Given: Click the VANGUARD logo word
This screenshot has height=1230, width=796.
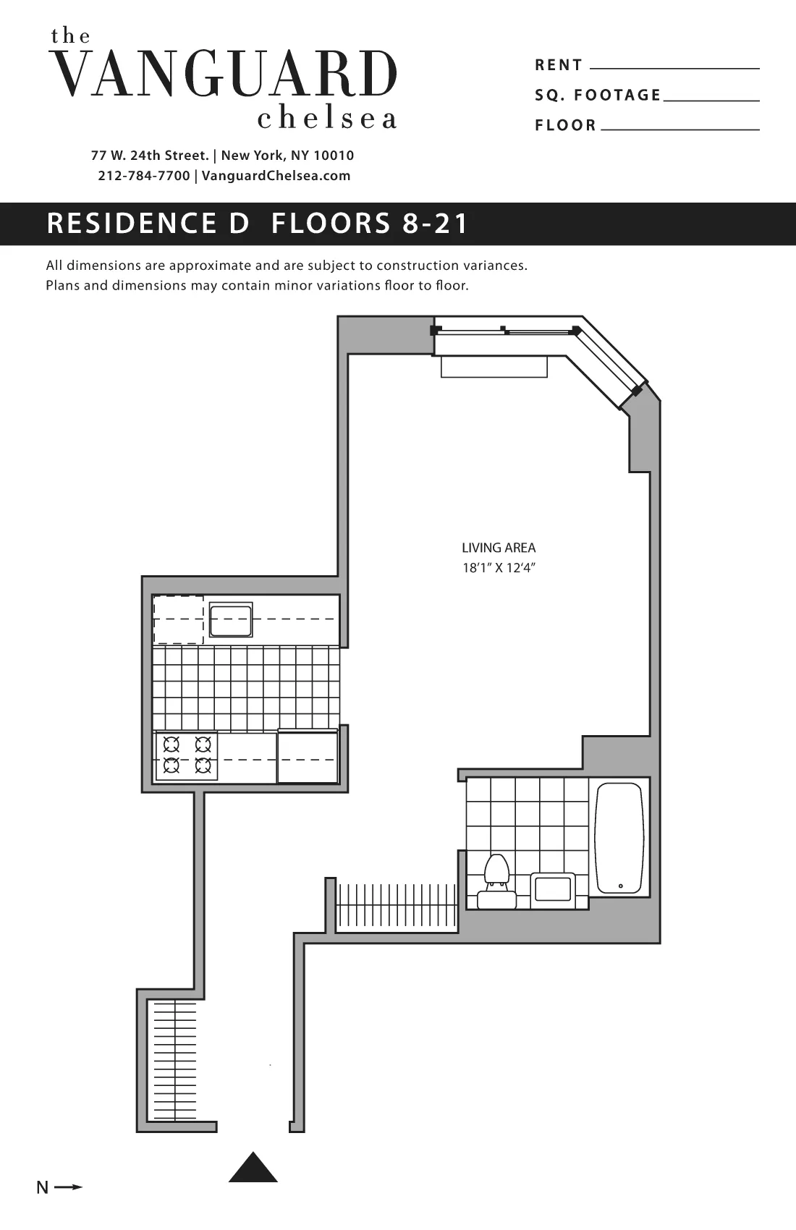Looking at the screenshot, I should click(x=225, y=74).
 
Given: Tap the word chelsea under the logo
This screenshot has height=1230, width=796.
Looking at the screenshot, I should click(x=327, y=119).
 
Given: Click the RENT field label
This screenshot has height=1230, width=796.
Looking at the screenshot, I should click(x=559, y=65).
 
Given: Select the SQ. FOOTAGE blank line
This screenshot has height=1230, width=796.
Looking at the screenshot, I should click(x=711, y=100).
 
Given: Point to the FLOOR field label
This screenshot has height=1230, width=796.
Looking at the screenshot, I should click(x=566, y=125).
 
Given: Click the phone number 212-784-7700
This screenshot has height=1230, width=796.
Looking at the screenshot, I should click(x=144, y=176).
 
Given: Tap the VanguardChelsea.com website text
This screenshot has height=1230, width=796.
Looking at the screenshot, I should click(x=276, y=176).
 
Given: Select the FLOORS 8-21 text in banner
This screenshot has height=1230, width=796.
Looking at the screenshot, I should click(x=370, y=224).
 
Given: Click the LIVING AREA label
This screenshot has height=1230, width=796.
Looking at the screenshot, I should click(x=499, y=548).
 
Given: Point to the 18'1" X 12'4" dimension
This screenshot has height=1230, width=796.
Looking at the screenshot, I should click(x=499, y=568).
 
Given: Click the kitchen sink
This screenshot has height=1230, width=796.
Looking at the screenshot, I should click(x=231, y=621).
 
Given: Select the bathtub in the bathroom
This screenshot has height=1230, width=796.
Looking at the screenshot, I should click(x=619, y=837).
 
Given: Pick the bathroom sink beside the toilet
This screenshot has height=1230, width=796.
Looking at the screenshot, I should click(x=553, y=889).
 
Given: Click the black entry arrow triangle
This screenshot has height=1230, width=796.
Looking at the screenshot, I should click(x=253, y=1168).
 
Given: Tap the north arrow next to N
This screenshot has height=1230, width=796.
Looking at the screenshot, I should click(x=69, y=1187).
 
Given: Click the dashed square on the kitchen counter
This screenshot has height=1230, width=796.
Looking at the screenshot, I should click(x=178, y=619).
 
